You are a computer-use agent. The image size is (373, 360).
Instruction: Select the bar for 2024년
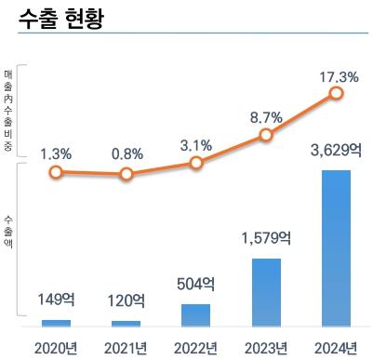[336, 248]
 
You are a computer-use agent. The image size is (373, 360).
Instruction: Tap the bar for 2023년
[266, 292]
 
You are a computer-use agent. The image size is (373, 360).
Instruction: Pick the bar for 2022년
[195, 314]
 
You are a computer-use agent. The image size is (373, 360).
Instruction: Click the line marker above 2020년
[56, 172]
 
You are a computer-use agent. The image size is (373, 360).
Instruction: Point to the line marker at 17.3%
[336, 93]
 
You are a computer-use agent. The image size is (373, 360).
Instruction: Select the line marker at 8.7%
[266, 135]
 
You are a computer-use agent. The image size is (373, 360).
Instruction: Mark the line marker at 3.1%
[195, 163]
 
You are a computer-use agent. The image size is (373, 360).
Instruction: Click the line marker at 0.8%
[126, 174]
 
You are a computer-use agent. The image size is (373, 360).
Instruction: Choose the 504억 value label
[195, 284]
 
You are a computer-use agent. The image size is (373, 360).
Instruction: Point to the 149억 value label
[56, 300]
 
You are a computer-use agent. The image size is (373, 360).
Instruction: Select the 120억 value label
[126, 300]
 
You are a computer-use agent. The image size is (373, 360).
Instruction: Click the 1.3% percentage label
[56, 152]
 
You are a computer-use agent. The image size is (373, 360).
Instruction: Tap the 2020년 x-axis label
[56, 348]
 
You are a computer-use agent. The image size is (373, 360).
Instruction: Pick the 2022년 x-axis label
[195, 348]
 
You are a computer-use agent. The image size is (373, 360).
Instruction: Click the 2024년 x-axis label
[336, 348]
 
